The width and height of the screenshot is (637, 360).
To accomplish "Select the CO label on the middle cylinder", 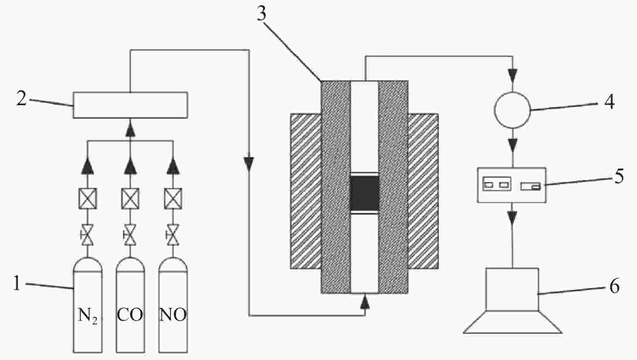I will click(130, 315).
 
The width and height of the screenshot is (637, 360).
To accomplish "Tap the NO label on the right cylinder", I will click(173, 315).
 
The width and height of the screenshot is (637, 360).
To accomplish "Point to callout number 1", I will click(17, 284).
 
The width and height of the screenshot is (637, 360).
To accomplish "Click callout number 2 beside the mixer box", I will click(21, 98).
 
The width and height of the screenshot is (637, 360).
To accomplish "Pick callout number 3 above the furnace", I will click(262, 14).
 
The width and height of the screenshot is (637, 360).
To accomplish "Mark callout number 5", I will click(619, 177).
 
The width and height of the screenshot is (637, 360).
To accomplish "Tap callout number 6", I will click(614, 286).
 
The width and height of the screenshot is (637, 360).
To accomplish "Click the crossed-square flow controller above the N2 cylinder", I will click(87, 199).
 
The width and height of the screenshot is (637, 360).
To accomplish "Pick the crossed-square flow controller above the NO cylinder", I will click(173, 199).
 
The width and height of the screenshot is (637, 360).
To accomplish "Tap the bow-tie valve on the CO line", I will click(130, 235).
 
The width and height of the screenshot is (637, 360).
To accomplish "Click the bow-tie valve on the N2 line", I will click(87, 235).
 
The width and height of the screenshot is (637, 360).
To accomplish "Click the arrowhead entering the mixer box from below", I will click(130, 129).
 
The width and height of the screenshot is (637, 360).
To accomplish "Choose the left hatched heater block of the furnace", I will click(306, 191).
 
